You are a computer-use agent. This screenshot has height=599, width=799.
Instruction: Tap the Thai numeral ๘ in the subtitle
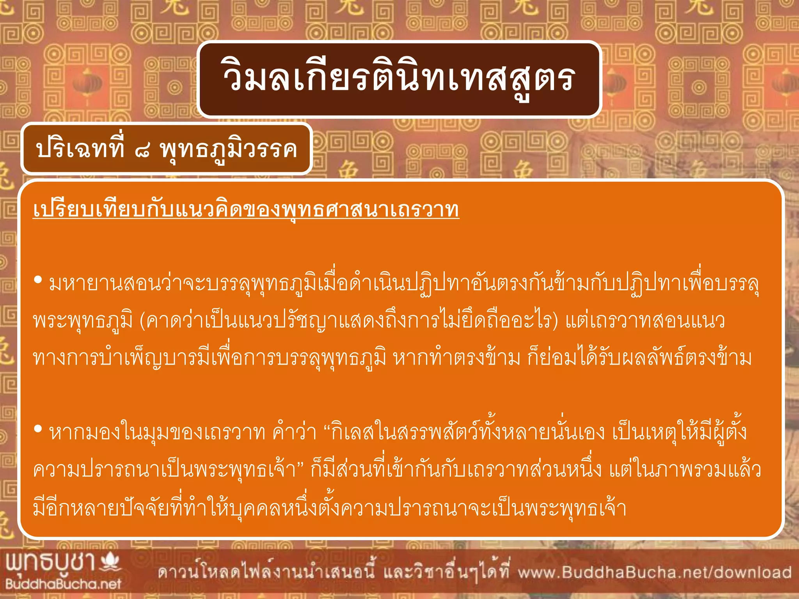click(x=142, y=151)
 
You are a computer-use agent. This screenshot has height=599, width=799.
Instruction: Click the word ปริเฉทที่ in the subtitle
click(x=80, y=149)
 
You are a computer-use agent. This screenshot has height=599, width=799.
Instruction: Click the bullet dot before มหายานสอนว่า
click(x=38, y=280)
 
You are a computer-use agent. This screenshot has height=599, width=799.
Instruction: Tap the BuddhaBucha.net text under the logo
click(x=63, y=584)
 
